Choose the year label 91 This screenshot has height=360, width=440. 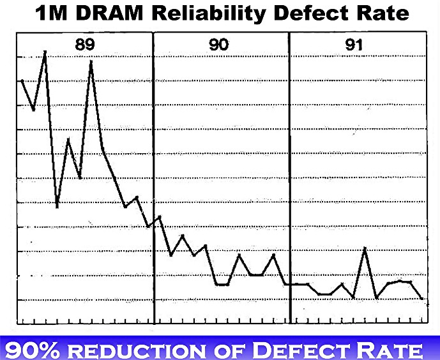pos(354,45)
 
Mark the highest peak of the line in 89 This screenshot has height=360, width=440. pos(45,52)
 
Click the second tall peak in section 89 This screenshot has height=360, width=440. pos(91,61)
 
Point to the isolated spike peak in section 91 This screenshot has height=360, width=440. pos(365,248)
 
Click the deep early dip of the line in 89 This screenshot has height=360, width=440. pos(57,207)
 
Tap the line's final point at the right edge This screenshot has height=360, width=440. pos(422,298)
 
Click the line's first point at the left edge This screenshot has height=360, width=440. pos(22,80)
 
